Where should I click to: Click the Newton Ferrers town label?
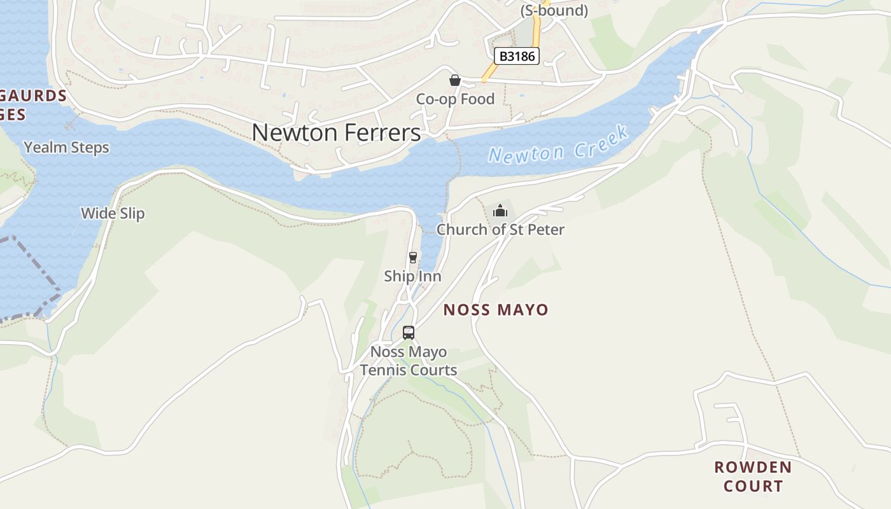point(336,132)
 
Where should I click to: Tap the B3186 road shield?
point(517,56)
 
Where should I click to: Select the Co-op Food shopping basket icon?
point(455,80)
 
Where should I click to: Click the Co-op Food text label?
point(455,99)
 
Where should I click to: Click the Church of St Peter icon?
point(500,211)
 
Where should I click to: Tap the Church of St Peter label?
point(500,230)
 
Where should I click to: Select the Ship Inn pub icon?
point(413,257)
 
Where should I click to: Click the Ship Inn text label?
point(412,276)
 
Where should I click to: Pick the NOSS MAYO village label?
point(496,310)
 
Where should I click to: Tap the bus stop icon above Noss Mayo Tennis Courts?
point(409,333)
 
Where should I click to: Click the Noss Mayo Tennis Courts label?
point(409,361)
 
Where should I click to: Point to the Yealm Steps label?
point(66,148)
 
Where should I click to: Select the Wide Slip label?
point(113,214)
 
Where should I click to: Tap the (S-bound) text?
point(554,11)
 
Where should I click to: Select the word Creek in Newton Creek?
point(600,141)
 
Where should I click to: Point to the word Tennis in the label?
point(386,370)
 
